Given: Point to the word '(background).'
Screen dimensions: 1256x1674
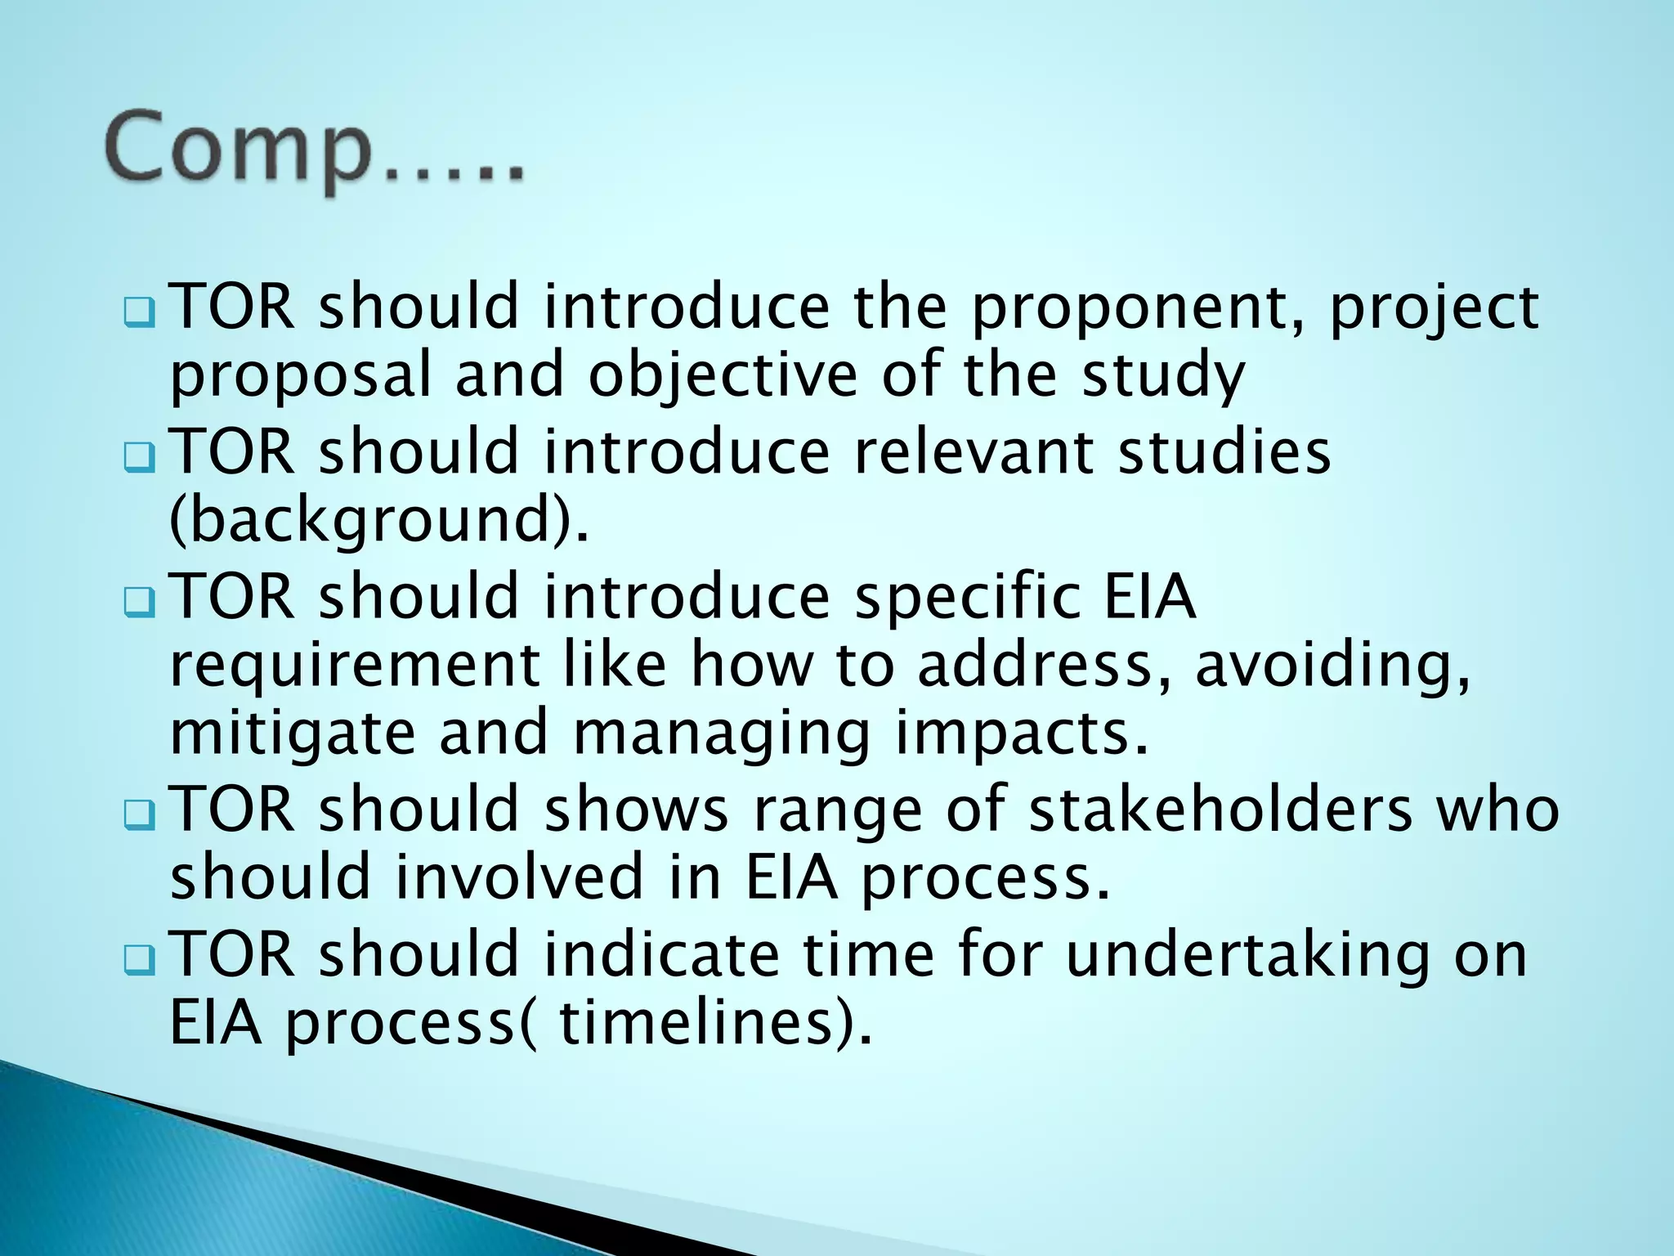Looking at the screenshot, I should point(378,521).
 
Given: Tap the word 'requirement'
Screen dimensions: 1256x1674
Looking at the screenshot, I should point(354,666).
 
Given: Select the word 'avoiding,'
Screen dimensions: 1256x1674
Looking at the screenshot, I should point(1333,666).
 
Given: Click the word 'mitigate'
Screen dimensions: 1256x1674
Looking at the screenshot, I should point(293,733).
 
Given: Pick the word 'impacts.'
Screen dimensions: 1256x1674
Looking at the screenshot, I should point(1022,733).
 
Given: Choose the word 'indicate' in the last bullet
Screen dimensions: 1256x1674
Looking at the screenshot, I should point(661,954).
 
